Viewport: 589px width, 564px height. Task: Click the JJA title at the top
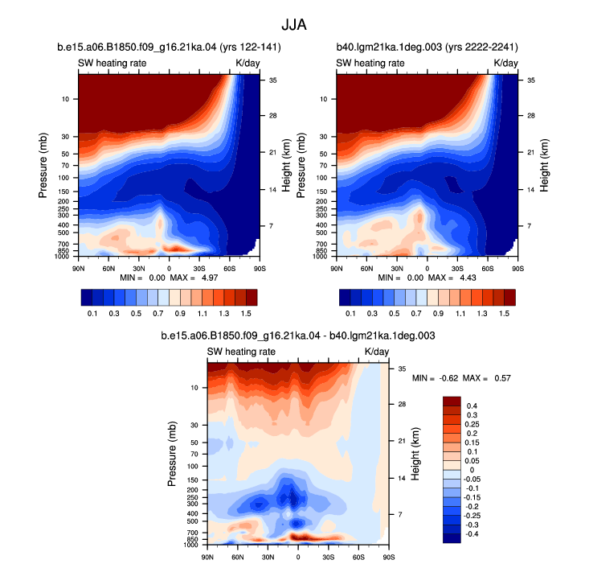[x=294, y=25]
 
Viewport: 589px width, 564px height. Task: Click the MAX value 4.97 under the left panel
[x=210, y=278]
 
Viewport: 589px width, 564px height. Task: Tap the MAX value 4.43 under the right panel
[x=468, y=278]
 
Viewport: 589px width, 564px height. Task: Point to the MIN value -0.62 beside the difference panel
[x=448, y=378]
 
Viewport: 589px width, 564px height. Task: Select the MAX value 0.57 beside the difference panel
[x=502, y=378]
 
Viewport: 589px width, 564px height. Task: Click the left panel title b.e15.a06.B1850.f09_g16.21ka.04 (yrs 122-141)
[x=169, y=47]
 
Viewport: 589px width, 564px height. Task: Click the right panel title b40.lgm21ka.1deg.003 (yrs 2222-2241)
[x=427, y=47]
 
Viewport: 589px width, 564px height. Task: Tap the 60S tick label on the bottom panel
[x=358, y=557]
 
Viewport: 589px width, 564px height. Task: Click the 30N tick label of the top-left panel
[x=138, y=269]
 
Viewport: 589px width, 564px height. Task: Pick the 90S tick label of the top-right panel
[x=518, y=269]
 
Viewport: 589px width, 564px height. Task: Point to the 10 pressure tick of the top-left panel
[x=65, y=99]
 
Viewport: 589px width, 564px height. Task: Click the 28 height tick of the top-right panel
[x=531, y=116]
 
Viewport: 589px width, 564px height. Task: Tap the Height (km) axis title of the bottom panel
[x=415, y=454]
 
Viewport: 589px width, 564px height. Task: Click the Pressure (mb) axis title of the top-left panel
[x=43, y=166]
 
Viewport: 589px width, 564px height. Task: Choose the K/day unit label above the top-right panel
[x=505, y=64]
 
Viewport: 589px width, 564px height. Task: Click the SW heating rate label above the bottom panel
[x=241, y=352]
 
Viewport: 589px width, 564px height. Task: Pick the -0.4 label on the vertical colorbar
[x=472, y=534]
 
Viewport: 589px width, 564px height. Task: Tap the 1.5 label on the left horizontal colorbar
[x=246, y=314]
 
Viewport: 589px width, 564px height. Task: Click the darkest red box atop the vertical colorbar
[x=452, y=401]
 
